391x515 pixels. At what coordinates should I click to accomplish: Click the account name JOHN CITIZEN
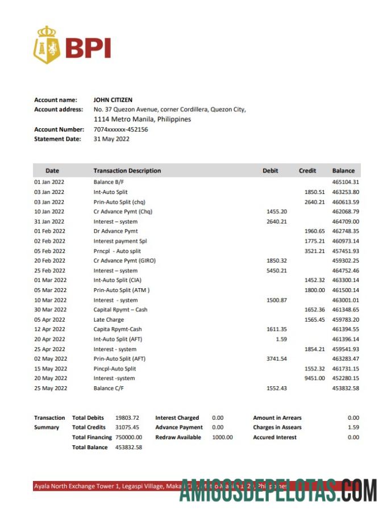113,100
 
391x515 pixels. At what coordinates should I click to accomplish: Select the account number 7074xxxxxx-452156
120,129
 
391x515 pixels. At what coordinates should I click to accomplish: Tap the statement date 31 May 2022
111,139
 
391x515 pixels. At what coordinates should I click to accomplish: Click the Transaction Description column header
127,171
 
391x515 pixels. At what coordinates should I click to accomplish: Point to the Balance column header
343,171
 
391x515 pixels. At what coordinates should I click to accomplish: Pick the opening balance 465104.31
346,182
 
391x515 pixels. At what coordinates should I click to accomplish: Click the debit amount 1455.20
277,212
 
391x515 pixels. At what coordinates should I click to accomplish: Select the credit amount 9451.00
314,378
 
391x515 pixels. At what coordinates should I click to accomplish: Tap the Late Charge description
109,320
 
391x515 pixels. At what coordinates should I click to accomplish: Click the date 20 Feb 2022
49,261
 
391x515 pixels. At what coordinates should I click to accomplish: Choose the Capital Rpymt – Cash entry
120,310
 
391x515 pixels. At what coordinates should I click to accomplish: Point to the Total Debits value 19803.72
127,418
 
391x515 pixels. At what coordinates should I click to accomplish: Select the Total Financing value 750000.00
128,437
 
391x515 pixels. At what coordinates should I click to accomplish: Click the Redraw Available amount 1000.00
222,437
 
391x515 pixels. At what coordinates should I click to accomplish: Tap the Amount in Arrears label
277,418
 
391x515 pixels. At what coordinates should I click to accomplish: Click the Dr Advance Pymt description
115,231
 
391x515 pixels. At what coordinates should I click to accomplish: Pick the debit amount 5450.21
277,271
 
